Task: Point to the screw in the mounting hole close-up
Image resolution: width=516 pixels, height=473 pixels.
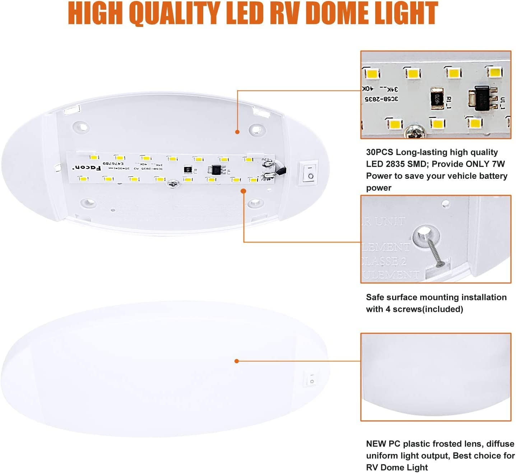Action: point(435,253)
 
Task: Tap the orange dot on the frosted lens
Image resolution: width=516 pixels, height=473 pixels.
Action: point(237,361)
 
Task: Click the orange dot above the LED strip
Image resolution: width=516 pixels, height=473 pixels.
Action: point(237,132)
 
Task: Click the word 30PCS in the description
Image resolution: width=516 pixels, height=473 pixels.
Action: point(379,152)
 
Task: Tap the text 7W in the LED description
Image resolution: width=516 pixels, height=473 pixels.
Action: point(497,164)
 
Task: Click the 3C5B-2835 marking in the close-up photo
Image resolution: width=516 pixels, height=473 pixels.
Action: point(381,98)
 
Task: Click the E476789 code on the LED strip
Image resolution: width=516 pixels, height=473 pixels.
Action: point(113,163)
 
